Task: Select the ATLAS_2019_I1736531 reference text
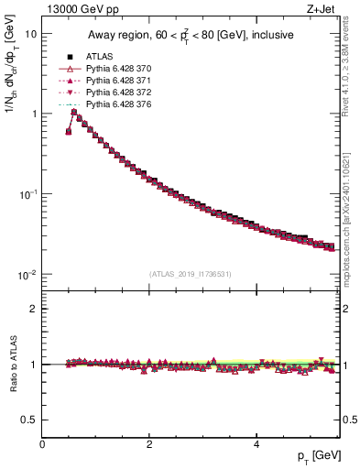point(190,274)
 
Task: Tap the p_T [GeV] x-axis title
point(314,456)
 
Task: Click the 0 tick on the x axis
point(42,444)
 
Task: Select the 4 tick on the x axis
point(256,444)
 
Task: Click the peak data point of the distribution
point(74,113)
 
